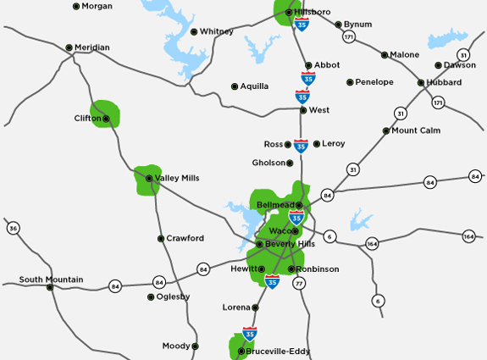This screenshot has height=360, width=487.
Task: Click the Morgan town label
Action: click(x=97, y=6)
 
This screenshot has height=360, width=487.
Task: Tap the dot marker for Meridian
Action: click(x=69, y=47)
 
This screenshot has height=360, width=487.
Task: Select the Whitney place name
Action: click(x=217, y=31)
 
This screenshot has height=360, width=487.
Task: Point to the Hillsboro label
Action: click(x=313, y=13)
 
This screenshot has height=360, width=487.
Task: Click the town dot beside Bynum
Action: click(x=339, y=25)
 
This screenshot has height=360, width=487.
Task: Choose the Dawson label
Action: click(x=460, y=65)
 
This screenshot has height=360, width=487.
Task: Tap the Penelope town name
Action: click(x=374, y=82)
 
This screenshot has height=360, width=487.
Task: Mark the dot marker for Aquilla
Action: click(x=235, y=86)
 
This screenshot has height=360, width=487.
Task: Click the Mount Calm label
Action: click(x=416, y=130)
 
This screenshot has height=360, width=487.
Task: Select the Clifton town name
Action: click(x=87, y=119)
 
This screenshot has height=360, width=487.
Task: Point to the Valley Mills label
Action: click(x=177, y=178)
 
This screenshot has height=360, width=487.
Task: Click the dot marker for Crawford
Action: click(x=161, y=239)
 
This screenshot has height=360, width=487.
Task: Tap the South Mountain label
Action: click(x=51, y=280)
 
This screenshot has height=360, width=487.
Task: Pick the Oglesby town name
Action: click(x=173, y=297)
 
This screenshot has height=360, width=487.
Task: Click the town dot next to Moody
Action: click(x=195, y=346)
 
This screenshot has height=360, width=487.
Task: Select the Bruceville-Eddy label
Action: click(x=279, y=351)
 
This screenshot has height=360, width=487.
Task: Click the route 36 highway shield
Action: click(x=13, y=229)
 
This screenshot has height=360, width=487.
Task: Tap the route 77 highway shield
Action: click(x=299, y=284)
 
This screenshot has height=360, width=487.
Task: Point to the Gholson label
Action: click(x=268, y=163)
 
